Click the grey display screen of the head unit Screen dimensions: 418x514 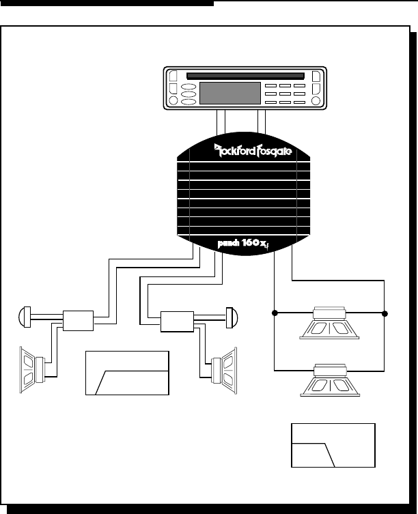pos(229,93)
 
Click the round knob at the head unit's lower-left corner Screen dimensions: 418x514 pos(173,101)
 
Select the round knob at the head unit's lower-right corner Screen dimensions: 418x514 pos(316,101)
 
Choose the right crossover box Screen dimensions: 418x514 pos(176,319)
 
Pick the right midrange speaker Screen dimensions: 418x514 pos(226,368)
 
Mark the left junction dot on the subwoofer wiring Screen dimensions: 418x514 pos(274,313)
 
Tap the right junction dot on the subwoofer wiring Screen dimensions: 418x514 pos(385,313)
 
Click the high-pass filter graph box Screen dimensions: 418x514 pos(126,373)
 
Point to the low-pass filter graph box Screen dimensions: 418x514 pos(333,445)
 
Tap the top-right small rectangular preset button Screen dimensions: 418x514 pos(299,86)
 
